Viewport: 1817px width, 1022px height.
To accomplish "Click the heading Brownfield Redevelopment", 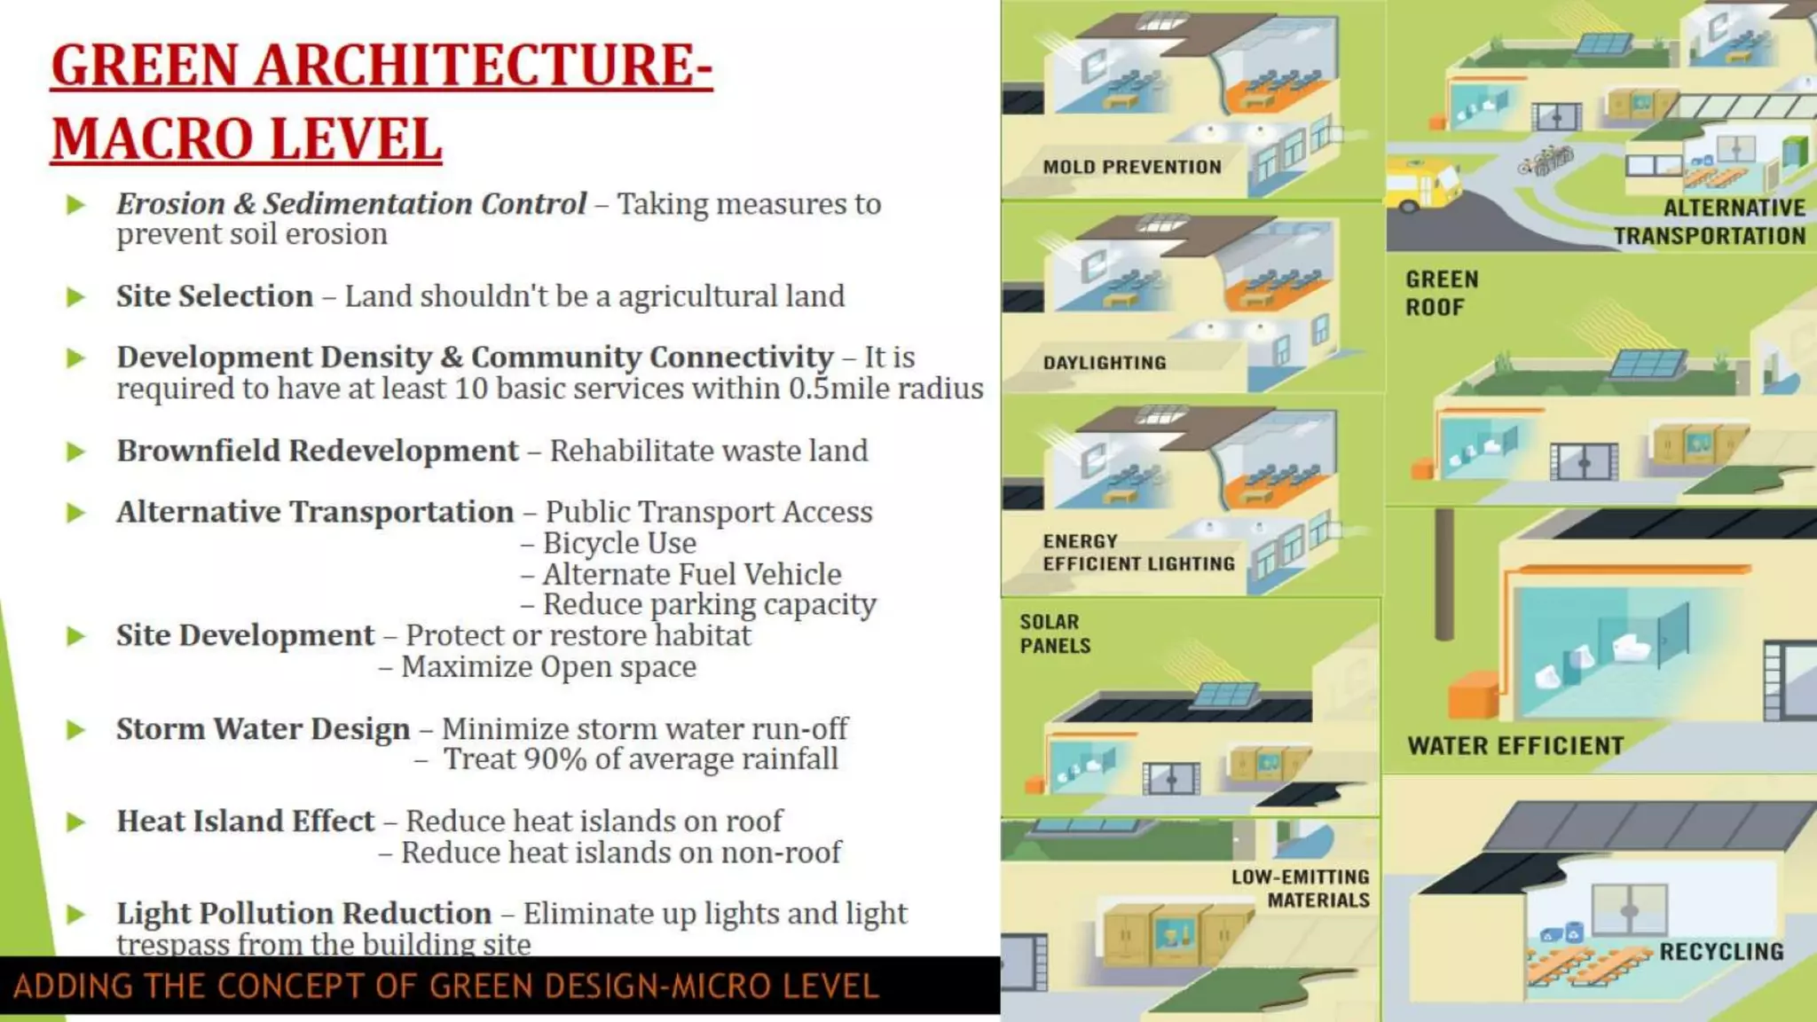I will (x=317, y=451).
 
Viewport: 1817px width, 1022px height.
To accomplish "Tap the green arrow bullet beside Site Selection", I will (x=76, y=296).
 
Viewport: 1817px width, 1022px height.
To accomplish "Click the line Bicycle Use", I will (x=619, y=543).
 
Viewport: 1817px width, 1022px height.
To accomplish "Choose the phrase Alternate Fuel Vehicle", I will (x=691, y=574).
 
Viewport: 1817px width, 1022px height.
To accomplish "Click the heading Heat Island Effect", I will (x=245, y=822).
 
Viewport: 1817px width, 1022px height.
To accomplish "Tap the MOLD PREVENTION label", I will (x=1132, y=167).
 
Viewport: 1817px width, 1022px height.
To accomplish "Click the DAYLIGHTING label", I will (x=1105, y=363).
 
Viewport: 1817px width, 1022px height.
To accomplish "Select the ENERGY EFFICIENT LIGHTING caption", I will (x=1138, y=553).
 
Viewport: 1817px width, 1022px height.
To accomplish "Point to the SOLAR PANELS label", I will (x=1055, y=633).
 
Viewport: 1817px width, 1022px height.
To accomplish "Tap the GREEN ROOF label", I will (x=1441, y=293).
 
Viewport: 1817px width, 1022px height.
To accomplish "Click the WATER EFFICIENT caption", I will (x=1515, y=746).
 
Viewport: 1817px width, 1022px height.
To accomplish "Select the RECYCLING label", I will (x=1720, y=952).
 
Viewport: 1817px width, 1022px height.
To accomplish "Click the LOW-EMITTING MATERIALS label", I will (x=1301, y=888).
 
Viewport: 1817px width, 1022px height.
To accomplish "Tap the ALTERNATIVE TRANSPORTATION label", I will (x=1710, y=222).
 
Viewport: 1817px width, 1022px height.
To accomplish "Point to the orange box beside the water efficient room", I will (x=1473, y=695).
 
